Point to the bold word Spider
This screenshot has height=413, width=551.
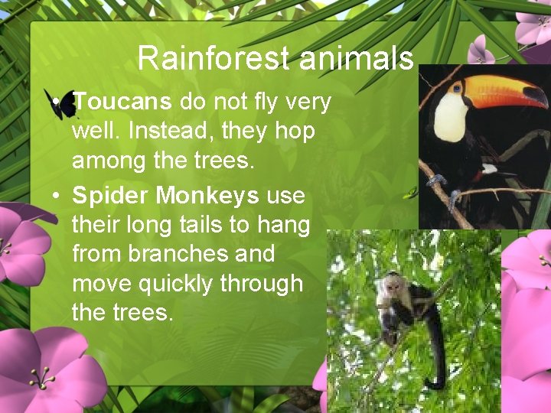(110, 197)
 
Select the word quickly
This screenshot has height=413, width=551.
(172, 284)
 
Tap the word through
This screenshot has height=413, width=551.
(262, 284)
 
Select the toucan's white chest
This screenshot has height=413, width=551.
(450, 119)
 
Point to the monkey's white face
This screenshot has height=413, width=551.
(392, 288)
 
